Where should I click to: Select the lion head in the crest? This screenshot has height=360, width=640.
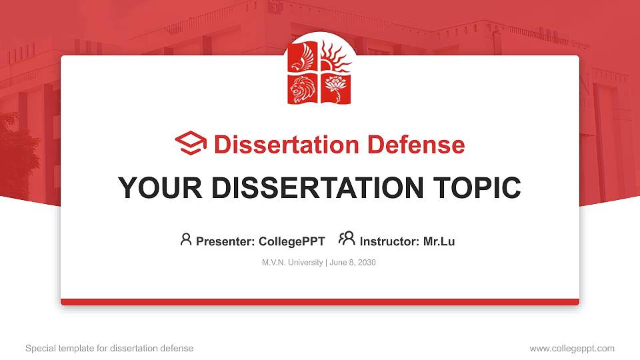(x=303, y=89)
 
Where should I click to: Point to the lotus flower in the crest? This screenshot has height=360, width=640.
(x=335, y=89)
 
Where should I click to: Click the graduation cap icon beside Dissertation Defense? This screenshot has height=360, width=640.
(x=191, y=143)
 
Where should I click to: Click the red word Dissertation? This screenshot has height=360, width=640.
(x=287, y=145)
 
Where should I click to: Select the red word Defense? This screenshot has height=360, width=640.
(x=416, y=145)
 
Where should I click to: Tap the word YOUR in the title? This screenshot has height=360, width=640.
(x=160, y=188)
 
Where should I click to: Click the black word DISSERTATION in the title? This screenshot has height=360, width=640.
(x=317, y=188)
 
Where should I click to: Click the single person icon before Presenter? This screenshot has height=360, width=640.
(x=186, y=239)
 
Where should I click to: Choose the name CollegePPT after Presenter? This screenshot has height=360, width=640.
(x=292, y=241)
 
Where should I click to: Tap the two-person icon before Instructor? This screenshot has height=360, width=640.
(x=347, y=239)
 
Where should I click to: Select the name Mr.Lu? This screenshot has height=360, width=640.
(x=439, y=241)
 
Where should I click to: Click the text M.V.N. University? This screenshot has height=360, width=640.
(x=292, y=263)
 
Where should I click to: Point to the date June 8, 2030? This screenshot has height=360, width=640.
(x=353, y=263)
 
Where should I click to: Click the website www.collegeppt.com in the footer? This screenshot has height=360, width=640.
(x=572, y=349)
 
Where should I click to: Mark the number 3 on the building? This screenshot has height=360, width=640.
(x=274, y=8)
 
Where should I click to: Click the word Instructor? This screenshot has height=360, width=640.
(x=389, y=241)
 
